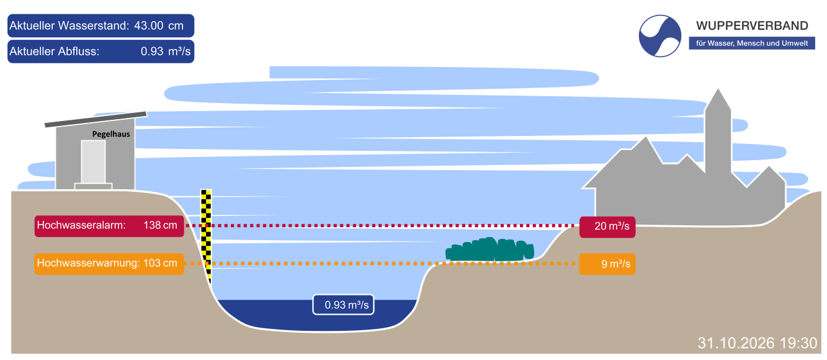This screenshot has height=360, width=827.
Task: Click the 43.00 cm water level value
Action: (159, 26)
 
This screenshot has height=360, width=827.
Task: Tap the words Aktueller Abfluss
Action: (54, 52)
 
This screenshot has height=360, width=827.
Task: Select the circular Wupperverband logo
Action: (659, 36)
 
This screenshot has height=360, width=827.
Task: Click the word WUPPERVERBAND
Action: (752, 26)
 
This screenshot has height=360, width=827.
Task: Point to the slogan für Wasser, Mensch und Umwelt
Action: (752, 43)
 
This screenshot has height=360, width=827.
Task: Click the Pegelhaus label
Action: (111, 135)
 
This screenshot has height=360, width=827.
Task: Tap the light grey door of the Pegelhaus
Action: (94, 162)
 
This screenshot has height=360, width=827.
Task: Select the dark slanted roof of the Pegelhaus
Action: (96, 119)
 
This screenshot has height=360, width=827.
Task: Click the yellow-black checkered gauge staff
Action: (206, 236)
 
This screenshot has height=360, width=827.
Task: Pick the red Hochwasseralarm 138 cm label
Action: (109, 226)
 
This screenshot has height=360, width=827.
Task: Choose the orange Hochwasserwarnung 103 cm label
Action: (109, 264)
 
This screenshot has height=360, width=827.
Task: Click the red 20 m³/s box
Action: (607, 227)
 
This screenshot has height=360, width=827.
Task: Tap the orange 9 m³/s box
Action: (607, 264)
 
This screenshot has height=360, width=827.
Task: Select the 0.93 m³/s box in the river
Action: (343, 305)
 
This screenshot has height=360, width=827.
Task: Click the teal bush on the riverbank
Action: (489, 250)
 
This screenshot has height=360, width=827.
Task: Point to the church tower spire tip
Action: (718, 89)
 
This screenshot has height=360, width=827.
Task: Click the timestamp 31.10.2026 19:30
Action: (757, 343)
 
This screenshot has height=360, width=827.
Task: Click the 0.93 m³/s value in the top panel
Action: (166, 52)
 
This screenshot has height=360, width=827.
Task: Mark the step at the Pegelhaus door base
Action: (94, 186)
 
